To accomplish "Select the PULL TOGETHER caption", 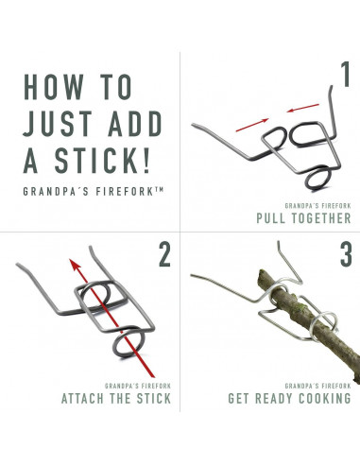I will click(303, 218).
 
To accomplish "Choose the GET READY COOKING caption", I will click(289, 399).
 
